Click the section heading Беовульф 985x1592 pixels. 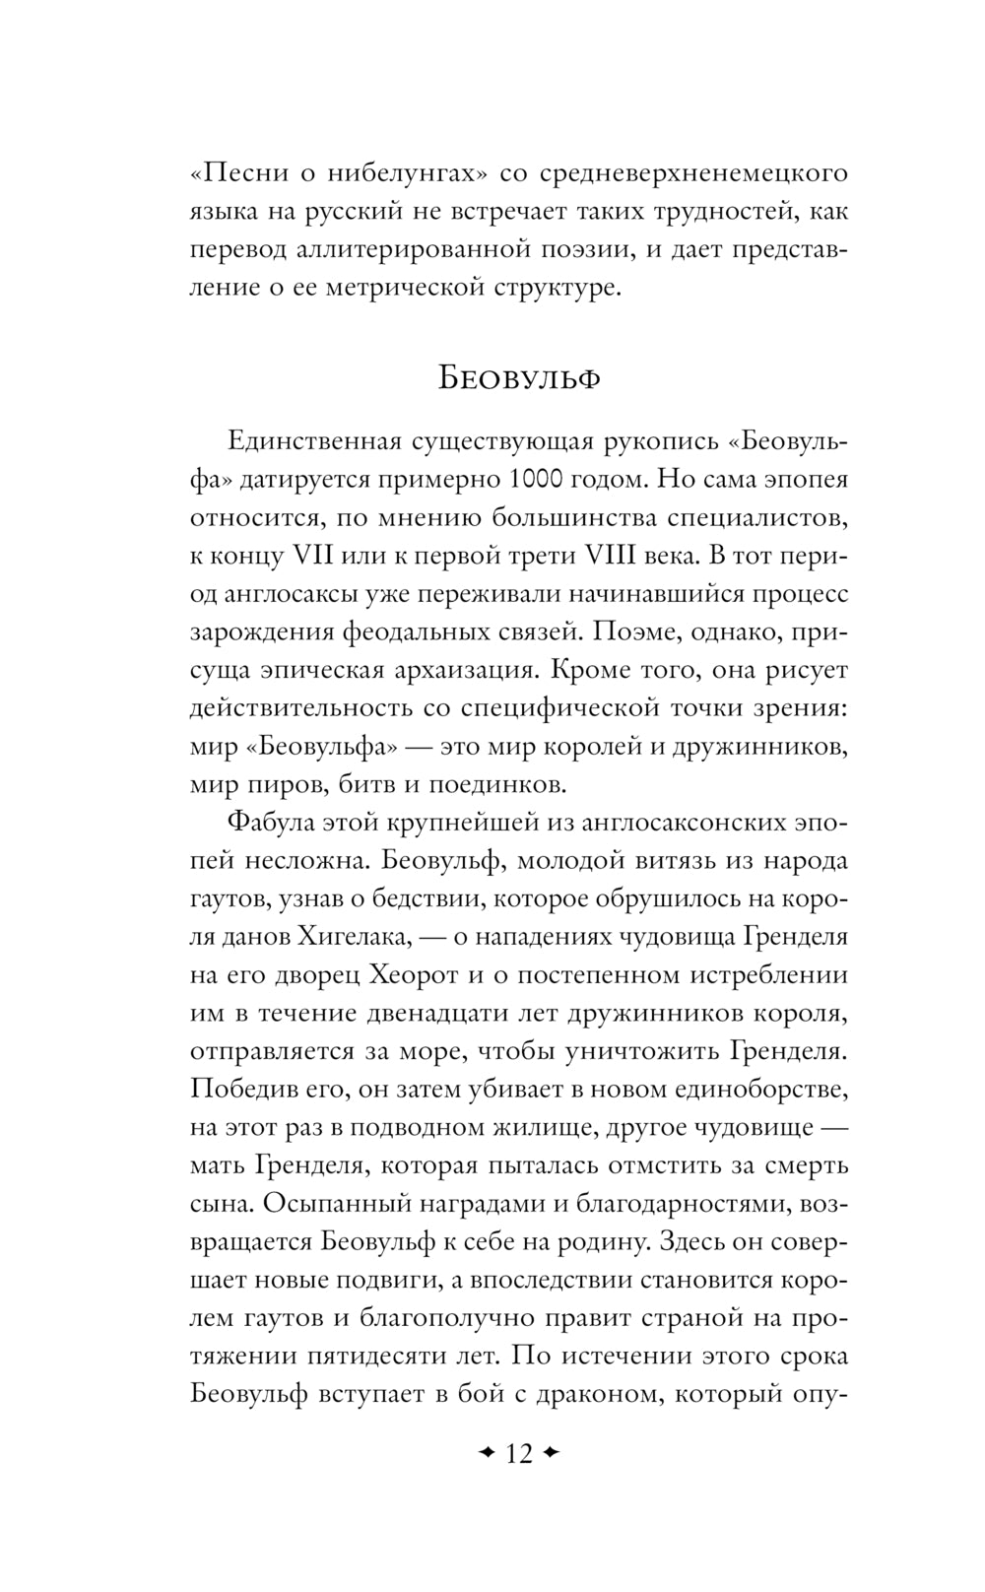(x=519, y=379)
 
